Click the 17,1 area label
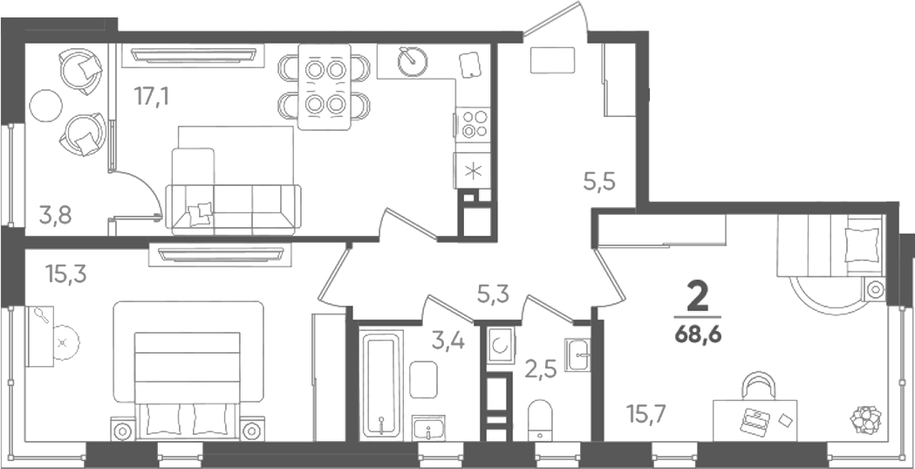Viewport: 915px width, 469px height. [151, 96]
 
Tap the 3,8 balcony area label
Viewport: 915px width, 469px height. [56, 216]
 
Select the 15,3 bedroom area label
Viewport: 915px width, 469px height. [66, 273]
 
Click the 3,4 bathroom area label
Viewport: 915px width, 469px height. [448, 340]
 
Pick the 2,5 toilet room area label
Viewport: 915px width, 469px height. [540, 369]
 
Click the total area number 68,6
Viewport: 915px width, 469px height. [698, 335]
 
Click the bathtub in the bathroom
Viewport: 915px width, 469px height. [382, 385]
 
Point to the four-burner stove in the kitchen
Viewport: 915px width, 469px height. [474, 124]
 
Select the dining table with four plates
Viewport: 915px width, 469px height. [324, 87]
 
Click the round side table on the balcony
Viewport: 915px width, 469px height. [46, 106]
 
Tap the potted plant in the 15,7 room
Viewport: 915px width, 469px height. [865, 419]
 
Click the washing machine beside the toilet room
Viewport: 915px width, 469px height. [501, 345]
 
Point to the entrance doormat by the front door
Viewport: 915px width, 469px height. [553, 60]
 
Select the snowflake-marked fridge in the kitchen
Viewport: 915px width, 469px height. [473, 171]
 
